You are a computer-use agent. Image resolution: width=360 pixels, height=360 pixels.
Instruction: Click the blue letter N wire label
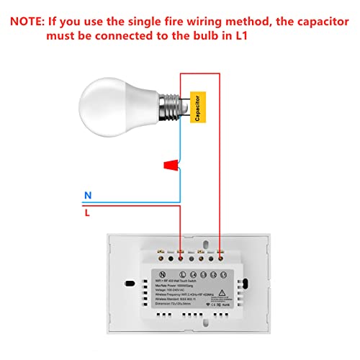pyautogui.click(x=88, y=195)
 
